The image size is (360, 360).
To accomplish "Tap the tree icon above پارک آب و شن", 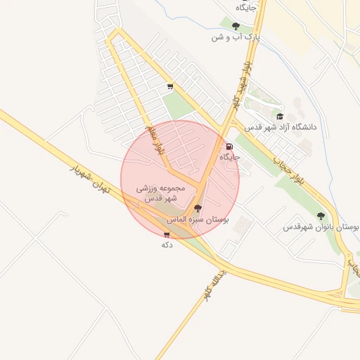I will coord(236,27).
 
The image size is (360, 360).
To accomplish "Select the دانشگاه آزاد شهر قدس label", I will coord(281,127).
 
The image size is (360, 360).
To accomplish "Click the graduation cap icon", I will coord(280,117).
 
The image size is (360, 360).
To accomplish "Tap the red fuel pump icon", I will coord(230,147).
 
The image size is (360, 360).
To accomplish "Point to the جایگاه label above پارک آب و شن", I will coord(246,7).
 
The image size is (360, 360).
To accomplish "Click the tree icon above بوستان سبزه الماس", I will coord(198,209).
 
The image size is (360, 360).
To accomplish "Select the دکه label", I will coord(167,245).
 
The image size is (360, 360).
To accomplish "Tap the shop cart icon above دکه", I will coord(167,235).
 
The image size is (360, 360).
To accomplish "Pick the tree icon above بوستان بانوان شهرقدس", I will coord(321,217).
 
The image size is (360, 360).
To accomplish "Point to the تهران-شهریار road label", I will coord(91,182).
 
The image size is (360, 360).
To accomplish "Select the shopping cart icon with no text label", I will coord(169,87).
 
